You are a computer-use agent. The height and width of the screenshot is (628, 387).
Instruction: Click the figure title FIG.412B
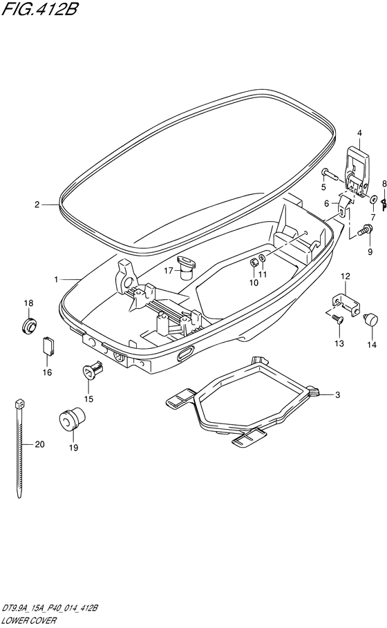tap(39, 9)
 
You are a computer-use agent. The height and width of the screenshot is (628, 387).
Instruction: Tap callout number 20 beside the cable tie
tap(39, 444)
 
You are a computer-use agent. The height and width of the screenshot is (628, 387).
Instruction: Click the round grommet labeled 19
tap(73, 419)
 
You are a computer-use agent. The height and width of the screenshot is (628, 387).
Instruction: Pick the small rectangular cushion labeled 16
tap(48, 345)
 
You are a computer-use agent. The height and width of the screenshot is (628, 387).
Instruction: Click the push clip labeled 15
tap(93, 368)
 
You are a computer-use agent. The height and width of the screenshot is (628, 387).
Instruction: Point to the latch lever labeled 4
tap(356, 173)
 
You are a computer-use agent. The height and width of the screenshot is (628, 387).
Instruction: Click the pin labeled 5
tap(330, 175)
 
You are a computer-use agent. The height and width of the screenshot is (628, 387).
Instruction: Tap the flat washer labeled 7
tap(374, 198)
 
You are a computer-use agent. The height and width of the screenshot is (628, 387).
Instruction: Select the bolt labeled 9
tap(366, 230)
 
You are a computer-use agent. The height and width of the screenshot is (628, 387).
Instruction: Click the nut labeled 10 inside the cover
tap(253, 263)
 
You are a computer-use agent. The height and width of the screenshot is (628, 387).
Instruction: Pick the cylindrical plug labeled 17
tap(187, 267)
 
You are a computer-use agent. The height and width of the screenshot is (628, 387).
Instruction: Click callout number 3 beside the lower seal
tap(337, 395)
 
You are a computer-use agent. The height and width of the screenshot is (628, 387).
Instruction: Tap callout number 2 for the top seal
tap(37, 204)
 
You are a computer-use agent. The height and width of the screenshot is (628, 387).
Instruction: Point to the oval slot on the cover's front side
tap(185, 353)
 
